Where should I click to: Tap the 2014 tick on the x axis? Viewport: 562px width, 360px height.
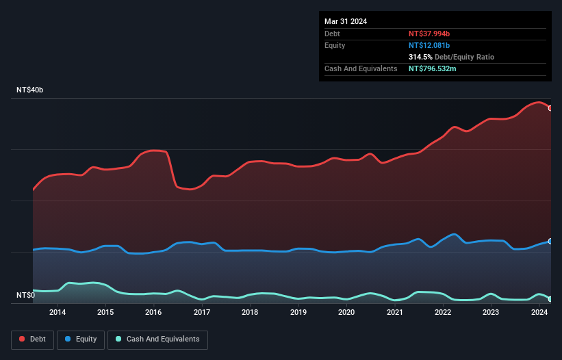tap(58, 313)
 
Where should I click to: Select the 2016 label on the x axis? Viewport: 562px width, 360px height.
tap(153, 313)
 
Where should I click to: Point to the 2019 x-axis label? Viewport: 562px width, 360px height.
tap(298, 313)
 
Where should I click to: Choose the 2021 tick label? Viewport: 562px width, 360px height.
tap(395, 313)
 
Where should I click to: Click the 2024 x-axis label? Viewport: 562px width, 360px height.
tap(539, 313)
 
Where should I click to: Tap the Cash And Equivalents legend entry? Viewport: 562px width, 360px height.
tap(157, 339)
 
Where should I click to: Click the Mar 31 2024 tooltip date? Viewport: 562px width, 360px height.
tap(346, 21)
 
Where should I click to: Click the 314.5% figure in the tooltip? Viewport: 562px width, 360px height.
tap(420, 57)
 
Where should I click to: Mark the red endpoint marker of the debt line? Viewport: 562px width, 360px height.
tap(550, 108)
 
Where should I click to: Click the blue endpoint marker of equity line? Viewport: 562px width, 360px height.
tap(550, 241)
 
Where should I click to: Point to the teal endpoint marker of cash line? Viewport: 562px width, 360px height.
tap(550, 299)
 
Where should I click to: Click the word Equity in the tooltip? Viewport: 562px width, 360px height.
tap(335, 45)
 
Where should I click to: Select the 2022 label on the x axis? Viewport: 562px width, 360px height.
tap(443, 313)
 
